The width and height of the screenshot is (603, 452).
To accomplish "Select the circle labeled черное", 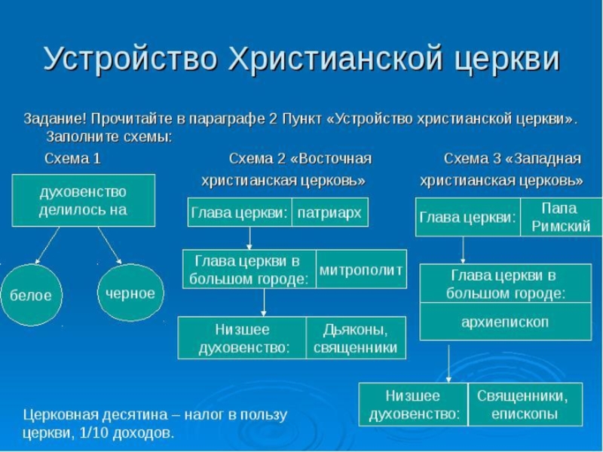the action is tap(130, 293).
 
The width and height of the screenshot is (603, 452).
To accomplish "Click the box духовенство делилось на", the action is tap(83, 200).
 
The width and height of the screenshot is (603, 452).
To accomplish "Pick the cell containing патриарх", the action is tap(329, 212).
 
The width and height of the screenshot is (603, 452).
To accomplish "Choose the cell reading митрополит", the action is tap(361, 269).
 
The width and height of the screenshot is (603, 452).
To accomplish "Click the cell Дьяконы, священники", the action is tap(355, 337).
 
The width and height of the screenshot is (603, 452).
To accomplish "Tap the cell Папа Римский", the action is tap(559, 217).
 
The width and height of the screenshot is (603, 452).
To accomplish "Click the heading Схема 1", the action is tap(72, 159).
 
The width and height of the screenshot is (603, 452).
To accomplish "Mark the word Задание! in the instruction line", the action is tap(55, 119).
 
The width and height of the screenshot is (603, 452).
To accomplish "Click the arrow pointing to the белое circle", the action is tap(48, 245).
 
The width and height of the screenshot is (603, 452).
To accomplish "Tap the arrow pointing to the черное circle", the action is tap(110, 245).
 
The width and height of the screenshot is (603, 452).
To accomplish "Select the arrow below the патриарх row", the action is tap(249, 237).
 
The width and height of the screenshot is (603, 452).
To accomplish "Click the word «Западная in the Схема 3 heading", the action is tap(543, 159).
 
